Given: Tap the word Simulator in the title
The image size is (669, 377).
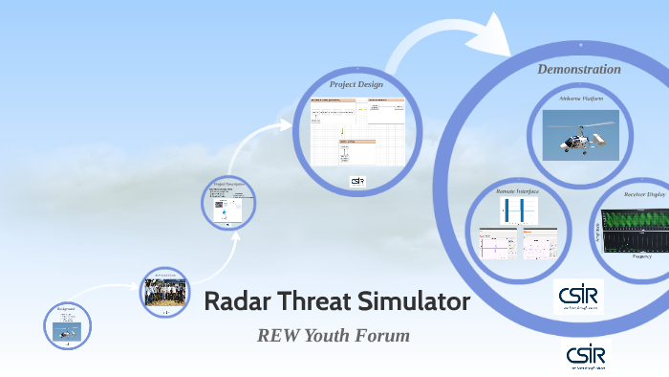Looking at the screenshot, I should click(x=414, y=302).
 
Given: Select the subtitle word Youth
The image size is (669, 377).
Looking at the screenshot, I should click(x=332, y=336).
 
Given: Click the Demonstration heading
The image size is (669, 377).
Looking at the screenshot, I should click(x=578, y=69).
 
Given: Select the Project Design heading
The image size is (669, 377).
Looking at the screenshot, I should click(x=356, y=84).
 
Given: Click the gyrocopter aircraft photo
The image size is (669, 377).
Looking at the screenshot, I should click(x=580, y=133).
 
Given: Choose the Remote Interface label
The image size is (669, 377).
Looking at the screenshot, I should click(x=517, y=191).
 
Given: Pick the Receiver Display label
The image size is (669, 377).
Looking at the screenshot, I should click(x=642, y=194).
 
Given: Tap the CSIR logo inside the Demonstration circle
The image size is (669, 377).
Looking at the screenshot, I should click(x=578, y=296).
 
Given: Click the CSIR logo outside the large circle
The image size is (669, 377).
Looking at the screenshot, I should click(x=584, y=355).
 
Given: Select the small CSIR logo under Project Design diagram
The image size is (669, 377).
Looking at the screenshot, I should click(x=357, y=180).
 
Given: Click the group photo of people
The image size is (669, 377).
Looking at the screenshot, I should click(x=167, y=292).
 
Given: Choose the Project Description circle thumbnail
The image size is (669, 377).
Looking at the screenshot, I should click(x=227, y=201).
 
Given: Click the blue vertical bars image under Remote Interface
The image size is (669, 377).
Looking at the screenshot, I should click(x=517, y=210).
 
